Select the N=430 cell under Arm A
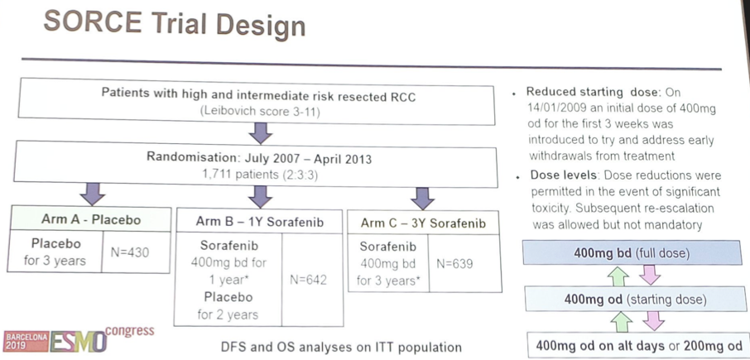137,252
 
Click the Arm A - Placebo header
89,219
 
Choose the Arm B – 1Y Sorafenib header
259,222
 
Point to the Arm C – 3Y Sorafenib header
424,224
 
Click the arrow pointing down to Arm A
92,193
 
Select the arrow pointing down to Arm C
422,198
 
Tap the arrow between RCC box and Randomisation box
261,133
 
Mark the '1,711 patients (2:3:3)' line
258,174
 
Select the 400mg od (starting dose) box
635,300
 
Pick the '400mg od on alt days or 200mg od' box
638,345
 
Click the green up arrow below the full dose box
621,276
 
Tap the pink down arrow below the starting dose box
653,322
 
